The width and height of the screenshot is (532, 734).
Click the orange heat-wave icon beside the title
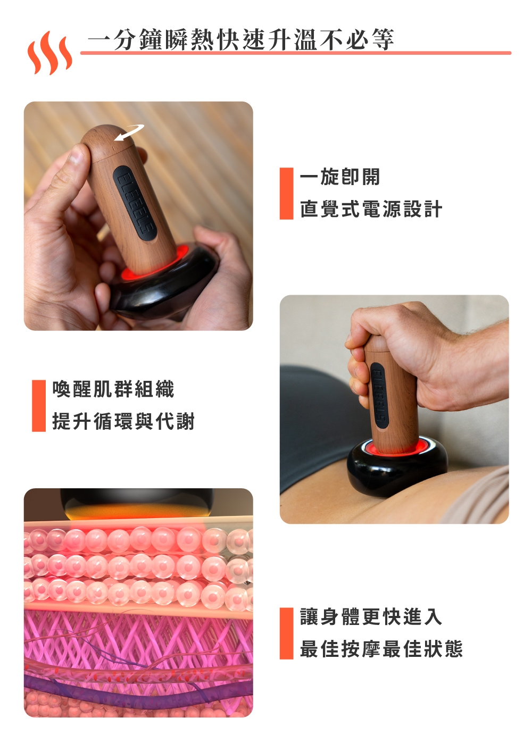coord(49,53)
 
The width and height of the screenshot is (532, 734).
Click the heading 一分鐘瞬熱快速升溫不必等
coord(240,39)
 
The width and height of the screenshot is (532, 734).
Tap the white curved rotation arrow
coord(129,132)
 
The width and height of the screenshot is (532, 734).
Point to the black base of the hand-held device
coord(165,290)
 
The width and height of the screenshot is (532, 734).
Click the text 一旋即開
coord(340,177)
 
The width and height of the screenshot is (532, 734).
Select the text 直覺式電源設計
coord(371,209)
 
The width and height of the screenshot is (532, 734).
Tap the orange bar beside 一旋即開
coord(286,193)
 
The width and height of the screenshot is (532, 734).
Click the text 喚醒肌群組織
coord(113,389)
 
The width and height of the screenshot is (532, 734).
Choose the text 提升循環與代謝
coord(123,421)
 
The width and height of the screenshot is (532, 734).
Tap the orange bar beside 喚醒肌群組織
coord(39,405)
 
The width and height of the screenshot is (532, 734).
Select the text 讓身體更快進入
coord(371,617)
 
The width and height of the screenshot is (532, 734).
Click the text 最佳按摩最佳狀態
coord(381,649)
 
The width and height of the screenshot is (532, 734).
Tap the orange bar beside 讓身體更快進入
coord(286,633)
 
